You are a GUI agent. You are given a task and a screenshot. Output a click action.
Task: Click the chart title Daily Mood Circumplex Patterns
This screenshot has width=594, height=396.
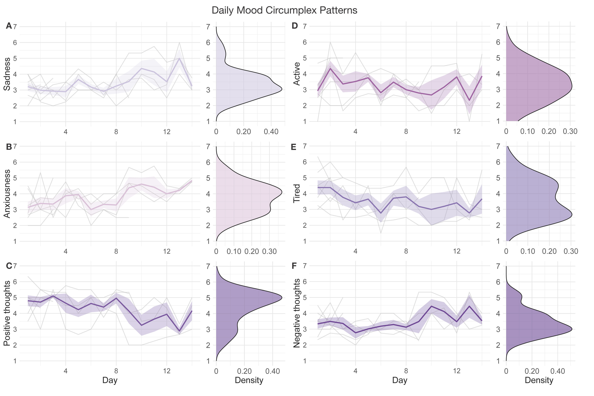tap(284, 10)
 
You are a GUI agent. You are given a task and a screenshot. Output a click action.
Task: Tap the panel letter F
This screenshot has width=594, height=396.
tap(294, 266)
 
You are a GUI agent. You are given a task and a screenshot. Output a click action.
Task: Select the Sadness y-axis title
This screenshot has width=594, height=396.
tap(7, 74)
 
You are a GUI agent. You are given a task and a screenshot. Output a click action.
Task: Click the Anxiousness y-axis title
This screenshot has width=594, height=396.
tap(7, 194)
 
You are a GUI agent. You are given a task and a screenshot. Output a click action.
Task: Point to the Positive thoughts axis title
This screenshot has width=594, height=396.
tap(7, 313)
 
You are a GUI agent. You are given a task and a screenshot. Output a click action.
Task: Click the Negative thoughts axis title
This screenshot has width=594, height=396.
tap(297, 313)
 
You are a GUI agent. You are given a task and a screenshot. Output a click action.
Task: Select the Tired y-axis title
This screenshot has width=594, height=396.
tap(297, 194)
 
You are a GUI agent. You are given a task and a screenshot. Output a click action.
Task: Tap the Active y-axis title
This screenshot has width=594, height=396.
tap(297, 74)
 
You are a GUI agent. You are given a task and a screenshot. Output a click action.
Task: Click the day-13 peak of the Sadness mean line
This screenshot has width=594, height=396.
tap(179, 58)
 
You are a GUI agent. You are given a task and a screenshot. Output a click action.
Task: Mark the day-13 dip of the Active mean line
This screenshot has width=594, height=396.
tap(469, 100)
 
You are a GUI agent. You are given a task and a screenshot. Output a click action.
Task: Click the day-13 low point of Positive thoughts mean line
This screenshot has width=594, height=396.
tap(179, 331)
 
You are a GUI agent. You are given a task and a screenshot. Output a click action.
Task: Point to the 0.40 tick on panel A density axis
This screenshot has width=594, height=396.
tap(271, 132)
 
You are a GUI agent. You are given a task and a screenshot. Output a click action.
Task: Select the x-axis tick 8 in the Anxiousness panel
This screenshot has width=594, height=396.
tap(116, 251)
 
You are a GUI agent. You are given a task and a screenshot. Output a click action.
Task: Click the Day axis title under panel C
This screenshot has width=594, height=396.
tap(110, 380)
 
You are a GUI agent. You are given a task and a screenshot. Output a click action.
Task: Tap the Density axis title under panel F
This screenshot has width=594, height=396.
tap(539, 380)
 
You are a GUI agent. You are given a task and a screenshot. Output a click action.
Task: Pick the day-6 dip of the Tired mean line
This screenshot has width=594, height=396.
tap(381, 213)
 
